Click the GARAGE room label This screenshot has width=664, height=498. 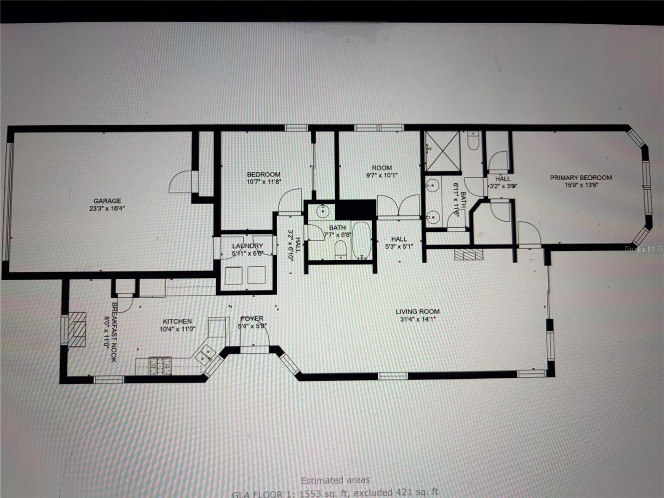click(x=107, y=201)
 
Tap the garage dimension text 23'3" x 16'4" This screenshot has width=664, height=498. click(x=107, y=208)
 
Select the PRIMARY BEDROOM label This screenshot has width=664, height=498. click(x=581, y=178)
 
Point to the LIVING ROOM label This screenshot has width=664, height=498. click(x=417, y=311)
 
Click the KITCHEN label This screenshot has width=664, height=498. click(x=177, y=321)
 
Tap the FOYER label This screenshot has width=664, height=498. click(x=251, y=318)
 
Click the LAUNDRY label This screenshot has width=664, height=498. click(x=247, y=246)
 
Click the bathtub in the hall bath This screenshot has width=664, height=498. click(x=362, y=241)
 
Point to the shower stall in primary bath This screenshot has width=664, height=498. click(x=443, y=151)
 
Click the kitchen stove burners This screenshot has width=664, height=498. click(x=161, y=366)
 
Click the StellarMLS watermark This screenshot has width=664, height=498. click(x=643, y=249)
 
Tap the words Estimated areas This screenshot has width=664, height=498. click(x=335, y=480)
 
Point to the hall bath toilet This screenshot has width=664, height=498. click(x=340, y=250)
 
